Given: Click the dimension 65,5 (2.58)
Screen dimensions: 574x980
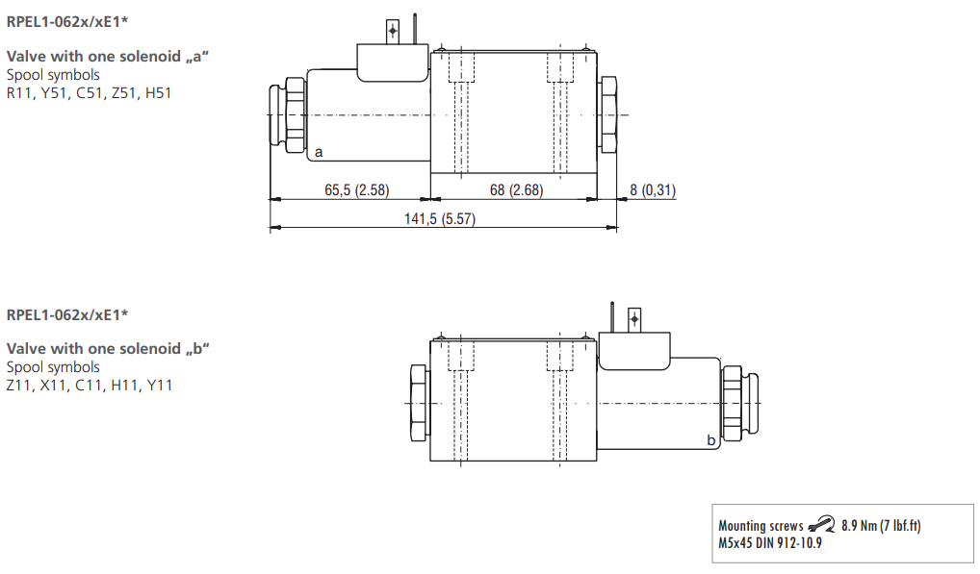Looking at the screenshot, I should [x=356, y=190].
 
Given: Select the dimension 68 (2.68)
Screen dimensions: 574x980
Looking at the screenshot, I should [x=516, y=190].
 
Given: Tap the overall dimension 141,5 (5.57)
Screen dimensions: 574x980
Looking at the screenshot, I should [x=439, y=219].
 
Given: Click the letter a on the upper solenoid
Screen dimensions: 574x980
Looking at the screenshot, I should [x=319, y=152].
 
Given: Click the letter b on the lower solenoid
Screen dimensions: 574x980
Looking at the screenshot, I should [x=710, y=439].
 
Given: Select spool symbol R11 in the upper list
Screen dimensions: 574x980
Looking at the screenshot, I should [x=18, y=92].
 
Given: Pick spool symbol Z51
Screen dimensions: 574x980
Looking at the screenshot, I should [x=122, y=92].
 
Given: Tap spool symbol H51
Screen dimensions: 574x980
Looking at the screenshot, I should [x=158, y=92].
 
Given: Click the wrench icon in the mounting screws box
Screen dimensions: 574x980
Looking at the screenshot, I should [x=821, y=524].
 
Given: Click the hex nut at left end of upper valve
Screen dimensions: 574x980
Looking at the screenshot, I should [x=287, y=115].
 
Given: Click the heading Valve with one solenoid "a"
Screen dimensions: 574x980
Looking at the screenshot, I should [x=108, y=56].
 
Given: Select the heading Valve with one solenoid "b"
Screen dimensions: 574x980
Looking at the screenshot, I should [x=108, y=348].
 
